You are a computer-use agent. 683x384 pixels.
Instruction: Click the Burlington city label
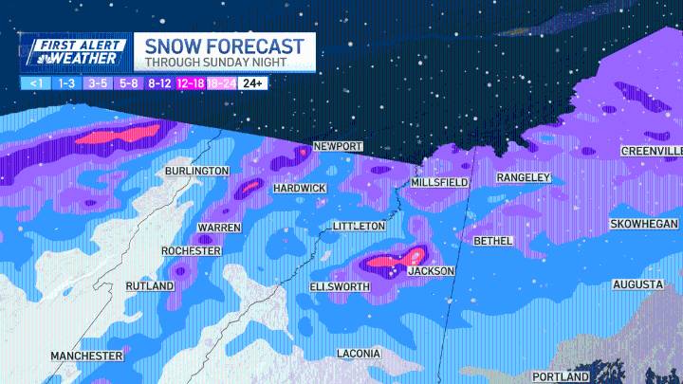point(196,171)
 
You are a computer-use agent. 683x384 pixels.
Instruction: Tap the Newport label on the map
point(339,147)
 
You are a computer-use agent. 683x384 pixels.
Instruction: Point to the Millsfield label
point(440,182)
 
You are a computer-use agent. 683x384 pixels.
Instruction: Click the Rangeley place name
point(524,178)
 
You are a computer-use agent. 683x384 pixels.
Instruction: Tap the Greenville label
point(652,152)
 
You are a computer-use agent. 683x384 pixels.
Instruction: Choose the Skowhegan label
point(643,224)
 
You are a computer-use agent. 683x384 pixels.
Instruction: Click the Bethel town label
point(492,241)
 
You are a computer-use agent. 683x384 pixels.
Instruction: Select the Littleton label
point(359,227)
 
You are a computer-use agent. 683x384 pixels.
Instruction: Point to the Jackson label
point(431,271)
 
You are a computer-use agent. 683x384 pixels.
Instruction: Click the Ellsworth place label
point(339,286)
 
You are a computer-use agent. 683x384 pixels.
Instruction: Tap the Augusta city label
point(637,284)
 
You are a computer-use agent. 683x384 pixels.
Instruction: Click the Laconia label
point(359,354)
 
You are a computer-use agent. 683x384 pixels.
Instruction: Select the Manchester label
point(86,356)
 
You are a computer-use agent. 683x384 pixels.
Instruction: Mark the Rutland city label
point(150,286)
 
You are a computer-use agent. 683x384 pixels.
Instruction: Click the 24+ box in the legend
point(252,83)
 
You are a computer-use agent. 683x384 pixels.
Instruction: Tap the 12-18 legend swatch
point(190,83)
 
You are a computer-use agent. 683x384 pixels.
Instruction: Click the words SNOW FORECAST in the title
point(224,46)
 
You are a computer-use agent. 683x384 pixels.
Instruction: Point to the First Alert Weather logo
point(74,52)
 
